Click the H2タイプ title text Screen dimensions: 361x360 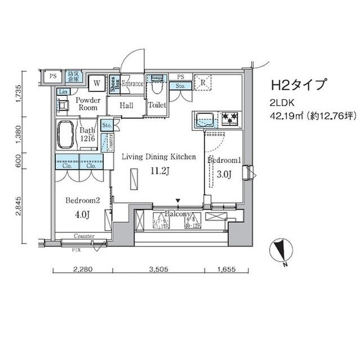[299, 85]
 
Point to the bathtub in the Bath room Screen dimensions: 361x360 [67, 134]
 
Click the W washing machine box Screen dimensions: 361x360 [97, 82]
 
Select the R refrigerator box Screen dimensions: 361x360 [202, 82]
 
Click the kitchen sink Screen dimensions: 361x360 [204, 119]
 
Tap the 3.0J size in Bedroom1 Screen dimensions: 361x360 [224, 174]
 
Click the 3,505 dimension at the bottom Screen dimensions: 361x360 [158, 270]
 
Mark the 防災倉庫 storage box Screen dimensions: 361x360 [73, 76]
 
